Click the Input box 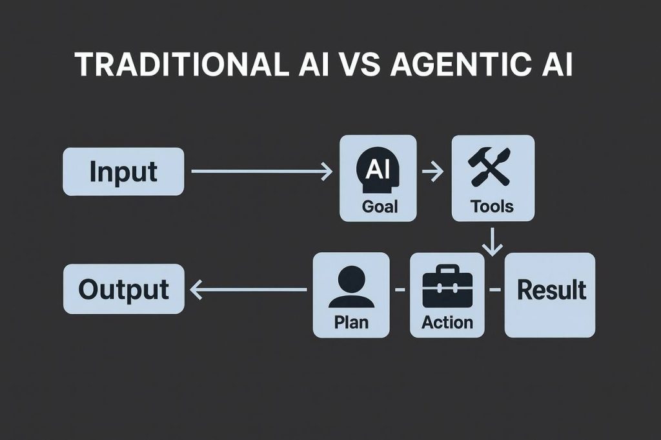tap(123, 172)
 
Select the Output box tap(123, 290)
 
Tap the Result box tap(550, 294)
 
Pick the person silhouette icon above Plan tap(351, 288)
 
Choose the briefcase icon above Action tap(447, 290)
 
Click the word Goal tap(380, 206)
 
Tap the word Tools tap(492, 206)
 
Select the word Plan tap(351, 321)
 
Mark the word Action tap(447, 321)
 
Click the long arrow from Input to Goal tap(262, 172)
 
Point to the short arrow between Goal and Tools tap(432, 172)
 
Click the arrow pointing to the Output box tap(249, 290)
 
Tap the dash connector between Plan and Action tap(400, 290)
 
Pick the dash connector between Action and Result tap(494, 290)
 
